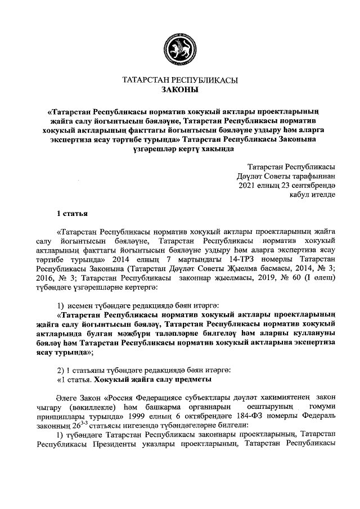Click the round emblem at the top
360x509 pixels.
coord(180,49)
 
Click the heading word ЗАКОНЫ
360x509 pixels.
coord(180,89)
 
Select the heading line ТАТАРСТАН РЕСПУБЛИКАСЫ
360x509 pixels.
coord(180,80)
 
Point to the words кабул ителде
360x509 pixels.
coord(313,195)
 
